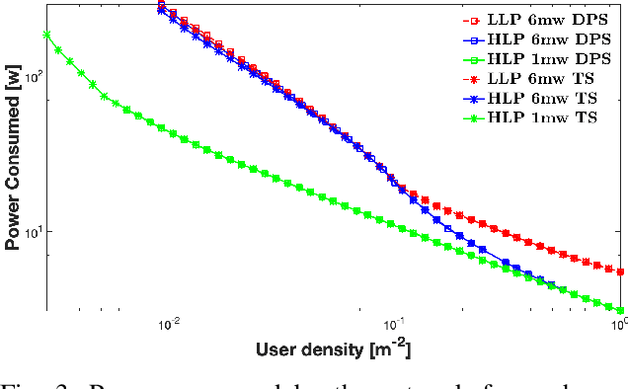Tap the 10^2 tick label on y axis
pyautogui.click(x=33, y=76)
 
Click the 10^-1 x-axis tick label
pyautogui.click(x=394, y=322)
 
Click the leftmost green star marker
pyautogui.click(x=46, y=35)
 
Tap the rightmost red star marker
pyautogui.click(x=620, y=272)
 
